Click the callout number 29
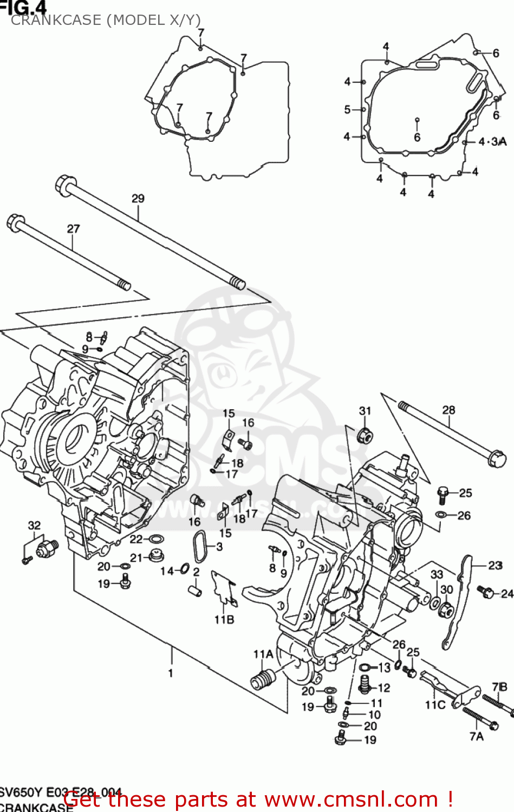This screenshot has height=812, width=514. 138,199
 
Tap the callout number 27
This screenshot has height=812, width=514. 73,229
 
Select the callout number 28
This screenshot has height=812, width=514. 448,410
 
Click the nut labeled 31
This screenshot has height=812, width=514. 365,435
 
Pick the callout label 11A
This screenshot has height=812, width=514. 263,654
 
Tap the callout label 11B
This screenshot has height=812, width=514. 224,619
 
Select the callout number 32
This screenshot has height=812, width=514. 34,525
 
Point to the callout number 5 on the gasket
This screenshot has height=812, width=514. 347,109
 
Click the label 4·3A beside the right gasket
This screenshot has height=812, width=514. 492,142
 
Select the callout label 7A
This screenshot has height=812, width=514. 476,736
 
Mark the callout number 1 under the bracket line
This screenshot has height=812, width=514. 171,673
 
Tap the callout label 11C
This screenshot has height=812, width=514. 435,704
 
